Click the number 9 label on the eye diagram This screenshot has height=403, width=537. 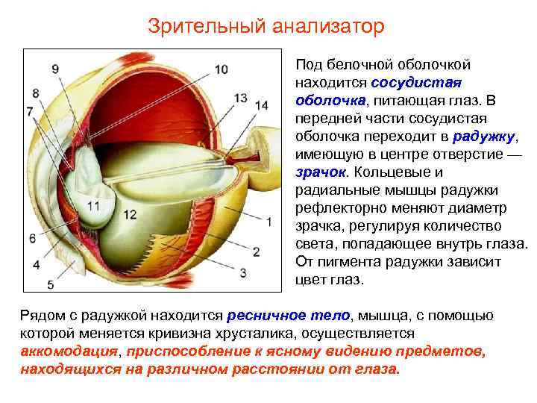pyautogui.click(x=56, y=69)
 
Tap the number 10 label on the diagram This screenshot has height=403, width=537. pyautogui.click(x=221, y=69)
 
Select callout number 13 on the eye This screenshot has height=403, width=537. pyautogui.click(x=240, y=98)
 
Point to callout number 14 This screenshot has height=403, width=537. pyautogui.click(x=261, y=106)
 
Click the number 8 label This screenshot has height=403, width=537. pyautogui.click(x=36, y=93)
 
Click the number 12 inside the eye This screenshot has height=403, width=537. pyautogui.click(x=130, y=215)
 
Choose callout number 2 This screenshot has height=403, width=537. pyautogui.click(x=257, y=252)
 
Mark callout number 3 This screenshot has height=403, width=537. pyautogui.click(x=243, y=272)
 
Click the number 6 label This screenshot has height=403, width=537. pyautogui.click(x=32, y=238)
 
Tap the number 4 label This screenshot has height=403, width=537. pyautogui.click(x=37, y=265)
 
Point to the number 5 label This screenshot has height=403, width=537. pyautogui.click(x=50, y=284)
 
